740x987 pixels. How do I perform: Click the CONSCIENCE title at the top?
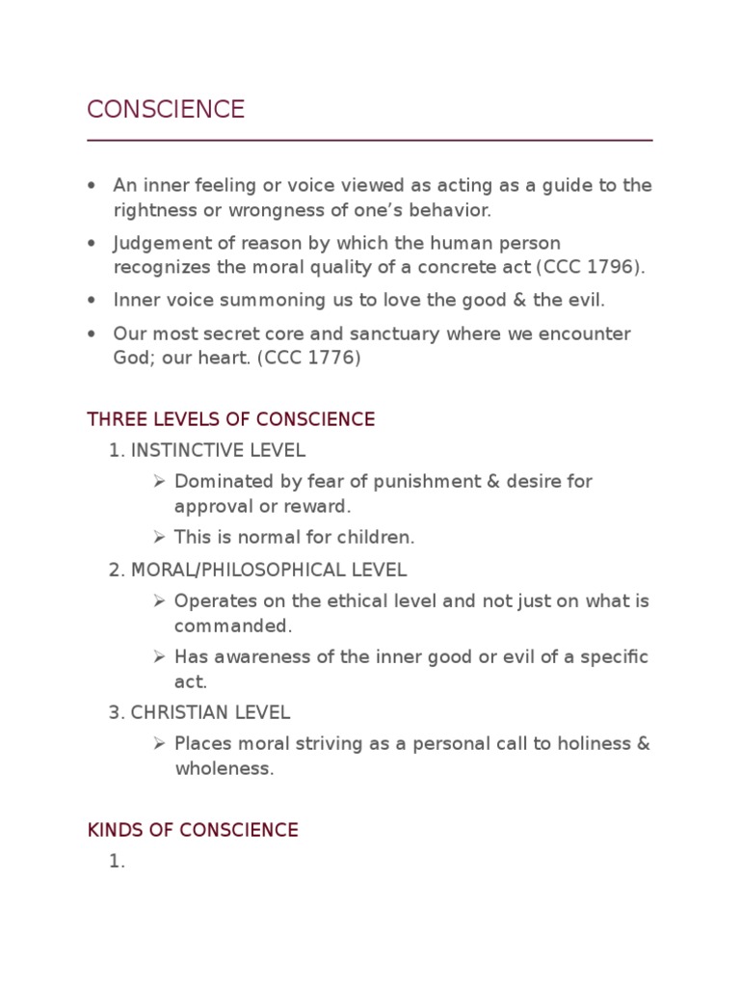166,110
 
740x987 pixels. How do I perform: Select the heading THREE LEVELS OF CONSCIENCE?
230,420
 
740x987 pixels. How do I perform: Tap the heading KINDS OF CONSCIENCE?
193,830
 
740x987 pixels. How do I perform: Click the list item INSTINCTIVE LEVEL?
218,450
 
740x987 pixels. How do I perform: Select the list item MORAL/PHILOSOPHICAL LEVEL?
268,570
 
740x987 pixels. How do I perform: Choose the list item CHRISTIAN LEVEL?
210,713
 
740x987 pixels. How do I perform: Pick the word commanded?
232,626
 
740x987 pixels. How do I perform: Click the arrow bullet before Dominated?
159,481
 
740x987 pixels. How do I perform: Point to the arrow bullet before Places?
159,744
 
